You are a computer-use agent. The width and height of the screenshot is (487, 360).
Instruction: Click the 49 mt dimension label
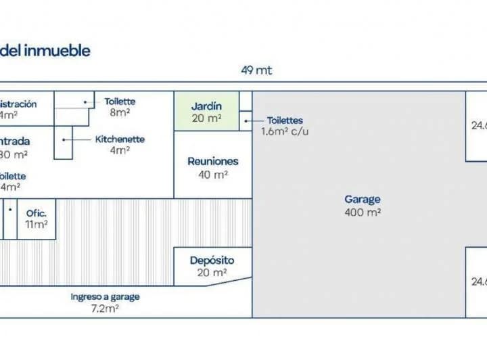tap(256, 70)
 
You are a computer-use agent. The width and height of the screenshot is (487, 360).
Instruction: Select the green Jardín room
tap(206, 112)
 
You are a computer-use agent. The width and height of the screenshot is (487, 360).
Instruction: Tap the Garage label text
tap(363, 200)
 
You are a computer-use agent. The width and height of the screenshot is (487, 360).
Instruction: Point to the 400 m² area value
tap(363, 212)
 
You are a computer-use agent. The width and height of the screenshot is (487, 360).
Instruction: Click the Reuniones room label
tap(213, 162)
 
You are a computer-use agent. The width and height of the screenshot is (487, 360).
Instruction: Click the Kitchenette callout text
tap(120, 139)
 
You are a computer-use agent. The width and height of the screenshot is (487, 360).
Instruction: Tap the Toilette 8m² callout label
tap(120, 102)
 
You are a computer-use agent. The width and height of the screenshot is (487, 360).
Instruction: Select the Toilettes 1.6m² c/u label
tap(285, 120)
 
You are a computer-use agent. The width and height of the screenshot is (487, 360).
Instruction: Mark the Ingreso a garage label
tap(105, 296)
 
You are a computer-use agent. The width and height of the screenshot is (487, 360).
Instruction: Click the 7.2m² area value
tap(105, 309)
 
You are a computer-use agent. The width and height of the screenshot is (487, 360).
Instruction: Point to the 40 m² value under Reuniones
tap(212, 175)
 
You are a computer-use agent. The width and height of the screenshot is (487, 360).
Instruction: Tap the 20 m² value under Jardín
tap(206, 118)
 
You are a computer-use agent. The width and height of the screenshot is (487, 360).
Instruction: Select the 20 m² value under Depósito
tap(212, 273)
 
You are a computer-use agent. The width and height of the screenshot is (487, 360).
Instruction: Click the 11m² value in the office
tap(37, 224)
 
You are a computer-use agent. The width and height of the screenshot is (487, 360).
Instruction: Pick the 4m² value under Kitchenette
tap(120, 150)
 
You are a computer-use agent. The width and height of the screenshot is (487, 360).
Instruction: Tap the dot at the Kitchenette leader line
tap(64, 139)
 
